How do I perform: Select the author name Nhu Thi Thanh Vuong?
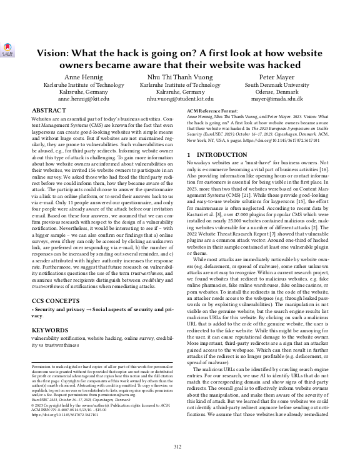coord(179,77)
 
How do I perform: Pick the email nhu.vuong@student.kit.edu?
coord(179,99)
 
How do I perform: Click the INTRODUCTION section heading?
coord(225,154)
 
